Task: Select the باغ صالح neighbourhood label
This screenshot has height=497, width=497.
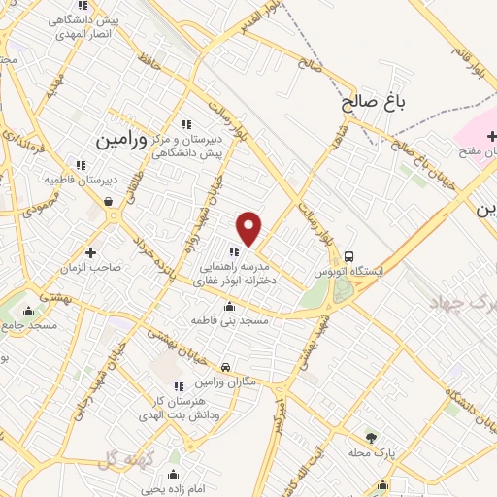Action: pyautogui.click(x=370, y=100)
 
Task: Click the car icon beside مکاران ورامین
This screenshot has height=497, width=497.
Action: pyautogui.click(x=225, y=368)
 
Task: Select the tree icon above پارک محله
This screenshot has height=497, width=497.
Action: pyautogui.click(x=369, y=437)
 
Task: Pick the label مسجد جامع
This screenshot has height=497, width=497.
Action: pyautogui.click(x=32, y=325)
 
